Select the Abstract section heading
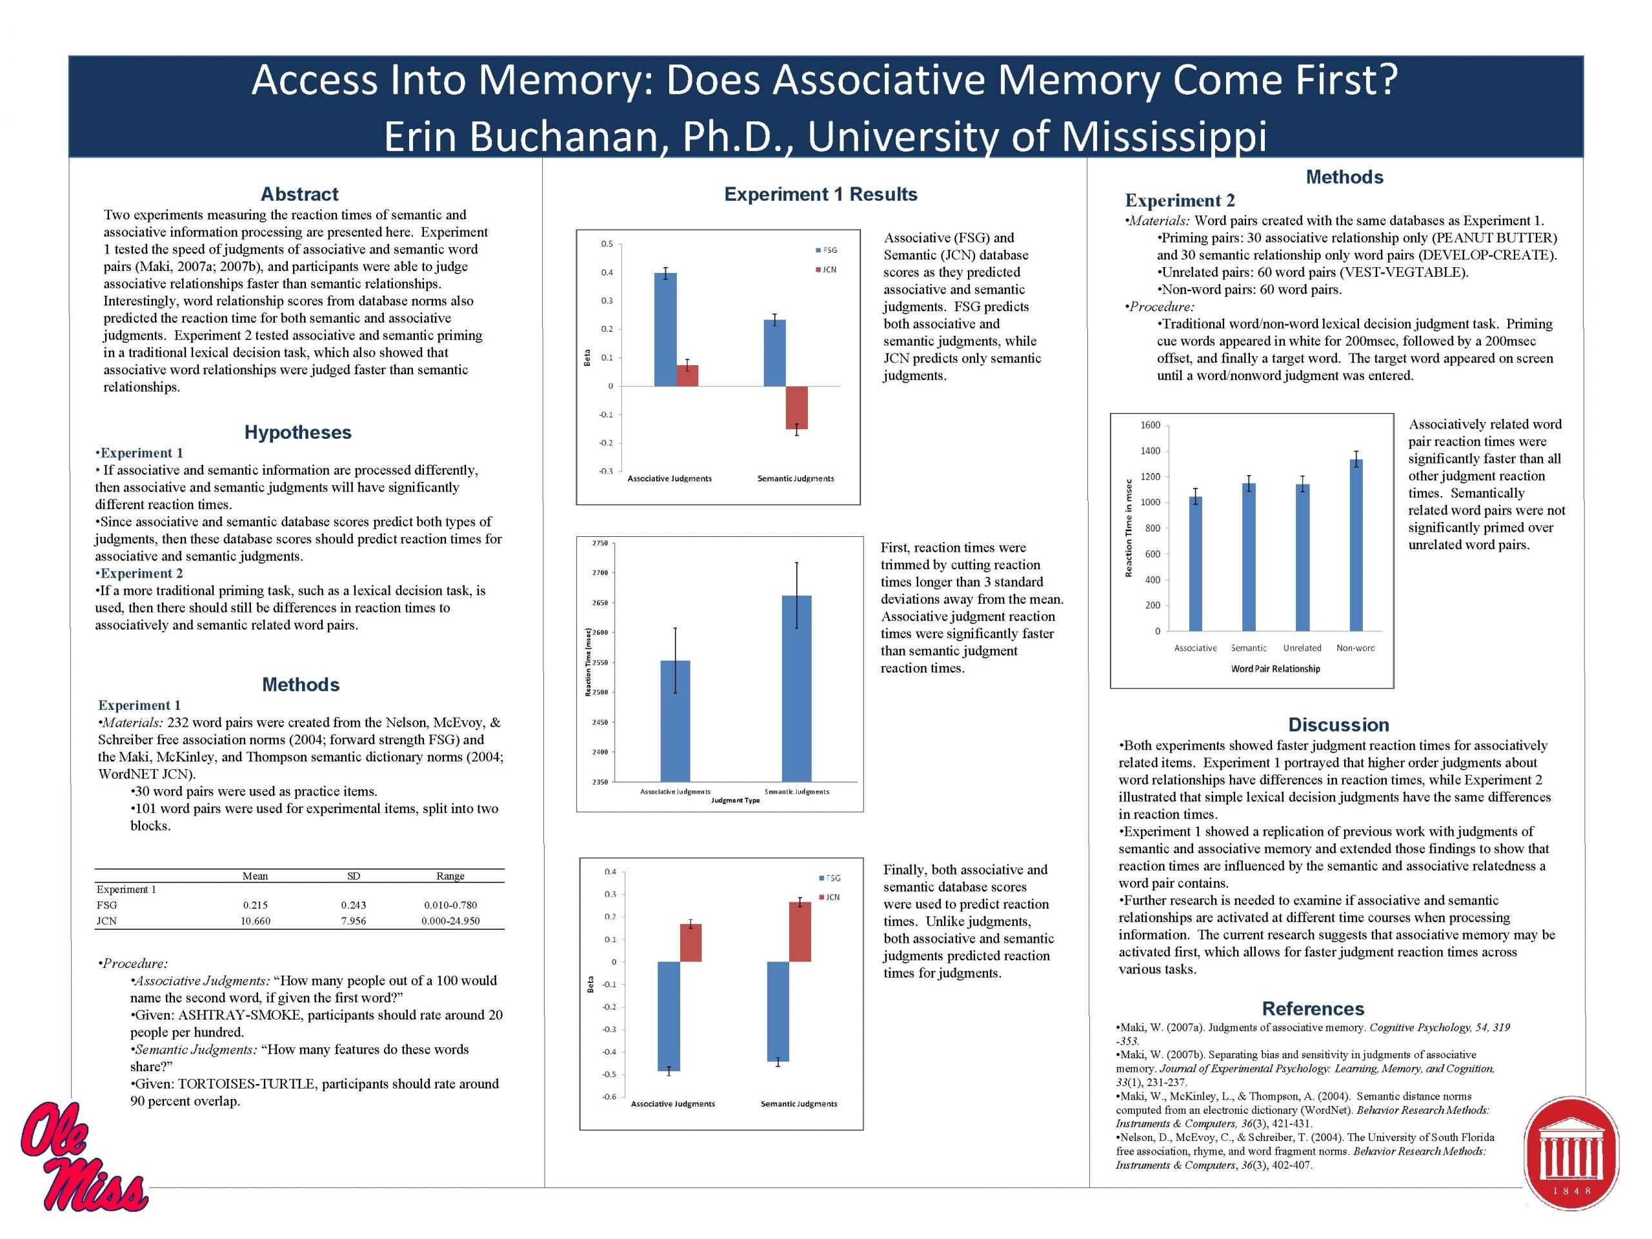(x=299, y=194)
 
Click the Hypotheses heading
(x=298, y=432)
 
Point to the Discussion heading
(x=1338, y=725)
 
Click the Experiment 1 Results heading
(x=821, y=194)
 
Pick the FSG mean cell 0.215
(x=256, y=905)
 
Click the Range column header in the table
(x=450, y=876)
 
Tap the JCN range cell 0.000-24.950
(x=450, y=921)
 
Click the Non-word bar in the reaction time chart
(x=1356, y=545)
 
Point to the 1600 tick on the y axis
(x=1150, y=426)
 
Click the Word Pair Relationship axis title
(x=1276, y=669)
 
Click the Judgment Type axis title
(x=736, y=801)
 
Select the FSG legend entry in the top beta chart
(x=826, y=250)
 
